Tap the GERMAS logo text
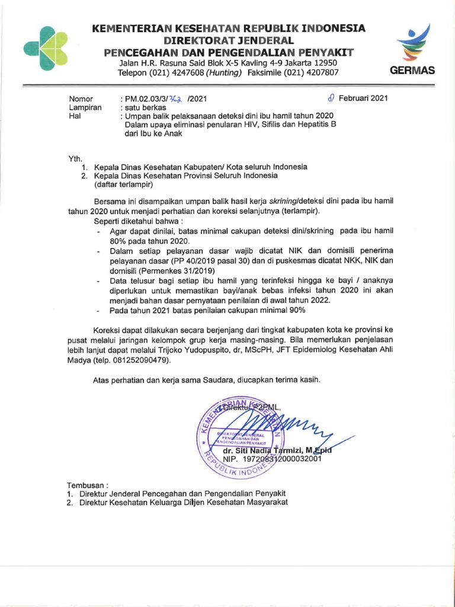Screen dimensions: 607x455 pyautogui.click(x=412, y=70)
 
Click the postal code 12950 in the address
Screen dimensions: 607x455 pyautogui.click(x=325, y=63)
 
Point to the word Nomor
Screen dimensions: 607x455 pyautogui.click(x=82, y=99)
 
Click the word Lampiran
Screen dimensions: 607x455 pyautogui.click(x=85, y=107)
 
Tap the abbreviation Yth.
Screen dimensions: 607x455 pyautogui.click(x=75, y=158)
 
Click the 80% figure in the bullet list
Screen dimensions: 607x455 pyautogui.click(x=118, y=241)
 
